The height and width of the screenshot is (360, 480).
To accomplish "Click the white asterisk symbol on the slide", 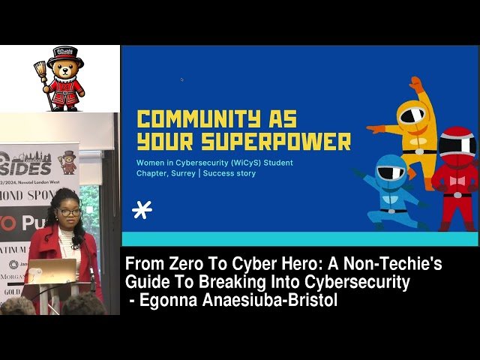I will click(x=142, y=210).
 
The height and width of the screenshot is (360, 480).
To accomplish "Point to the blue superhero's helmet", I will click(x=391, y=171).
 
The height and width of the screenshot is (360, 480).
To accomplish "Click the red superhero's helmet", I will click(x=457, y=143).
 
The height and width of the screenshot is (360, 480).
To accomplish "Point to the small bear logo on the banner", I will click(x=69, y=160).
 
